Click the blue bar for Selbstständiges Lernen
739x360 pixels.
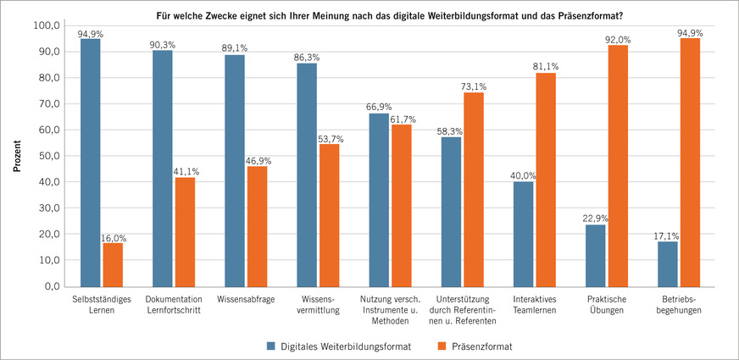tap(91, 162)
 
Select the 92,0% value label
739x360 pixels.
tap(617, 38)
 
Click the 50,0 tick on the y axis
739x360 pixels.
tap(47, 156)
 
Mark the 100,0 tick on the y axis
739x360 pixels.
tap(44, 25)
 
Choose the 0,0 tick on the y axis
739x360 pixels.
tap(51, 286)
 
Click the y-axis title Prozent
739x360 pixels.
tap(16, 156)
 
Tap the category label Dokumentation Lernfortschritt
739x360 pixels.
tap(174, 305)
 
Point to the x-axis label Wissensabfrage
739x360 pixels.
tap(245, 300)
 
